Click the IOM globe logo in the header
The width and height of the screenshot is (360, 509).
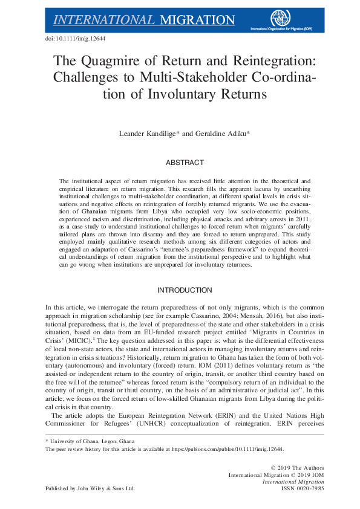click(280, 18)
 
